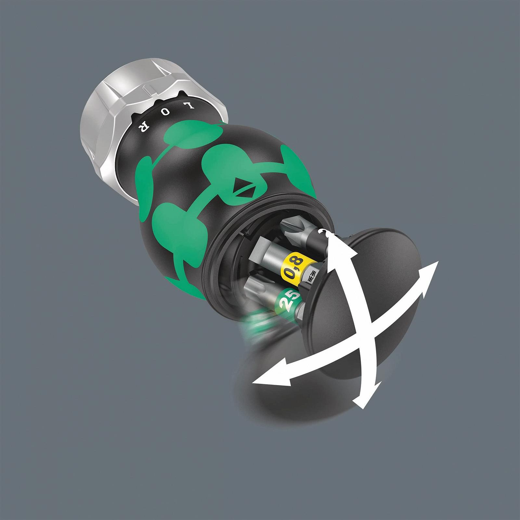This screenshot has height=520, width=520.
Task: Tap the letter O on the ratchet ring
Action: point(165,113)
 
